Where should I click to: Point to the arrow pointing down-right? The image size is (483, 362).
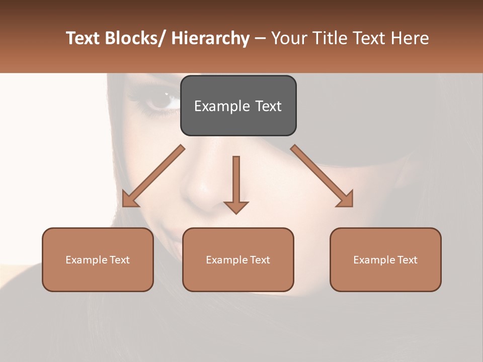pyautogui.click(x=322, y=176)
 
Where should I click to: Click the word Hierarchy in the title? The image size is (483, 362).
pyautogui.click(x=210, y=39)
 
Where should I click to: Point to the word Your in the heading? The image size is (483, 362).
pyautogui.click(x=288, y=39)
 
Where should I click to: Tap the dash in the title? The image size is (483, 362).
pyautogui.click(x=260, y=39)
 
